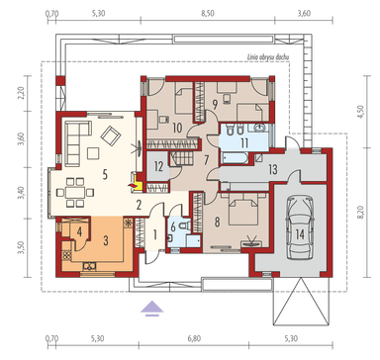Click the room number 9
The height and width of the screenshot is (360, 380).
[x=214, y=103]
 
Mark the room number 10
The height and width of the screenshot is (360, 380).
[x=176, y=127]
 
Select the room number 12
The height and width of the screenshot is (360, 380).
[x=158, y=165]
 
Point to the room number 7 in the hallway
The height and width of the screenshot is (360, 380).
[x=206, y=160]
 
